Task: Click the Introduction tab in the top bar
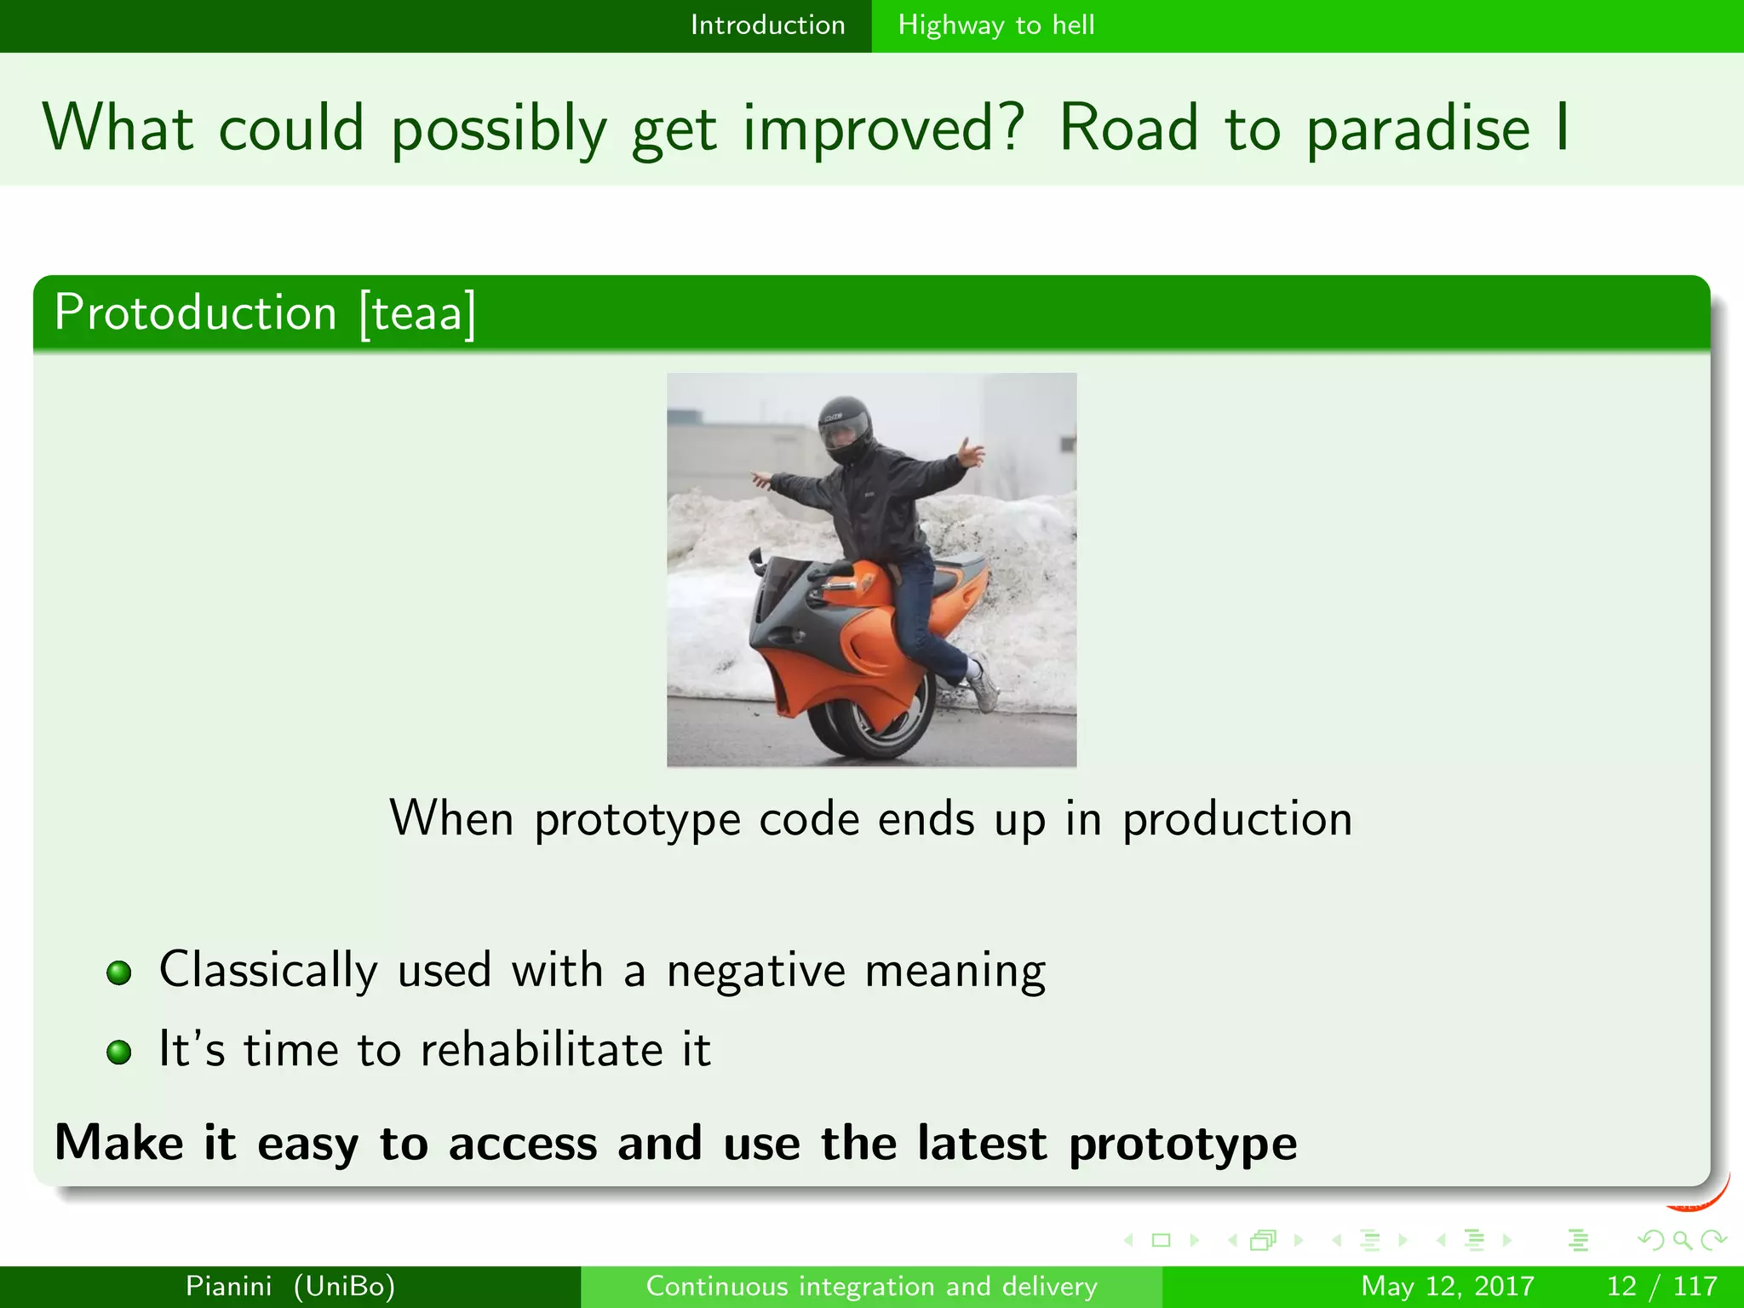[x=767, y=25]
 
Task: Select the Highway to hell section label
[x=995, y=25]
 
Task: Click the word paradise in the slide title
[x=1417, y=129]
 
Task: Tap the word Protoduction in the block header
[x=196, y=313]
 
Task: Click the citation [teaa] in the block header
[x=416, y=313]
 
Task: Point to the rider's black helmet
[x=845, y=428]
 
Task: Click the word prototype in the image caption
[x=637, y=819]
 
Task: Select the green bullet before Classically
[x=119, y=972]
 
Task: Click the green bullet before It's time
[x=119, y=1052]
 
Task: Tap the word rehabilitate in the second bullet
[x=542, y=1049]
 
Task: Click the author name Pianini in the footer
[x=228, y=1286]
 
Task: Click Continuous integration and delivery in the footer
[x=871, y=1286]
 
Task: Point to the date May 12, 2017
[x=1447, y=1286]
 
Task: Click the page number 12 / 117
[x=1661, y=1286]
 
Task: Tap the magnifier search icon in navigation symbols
[x=1682, y=1240]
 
